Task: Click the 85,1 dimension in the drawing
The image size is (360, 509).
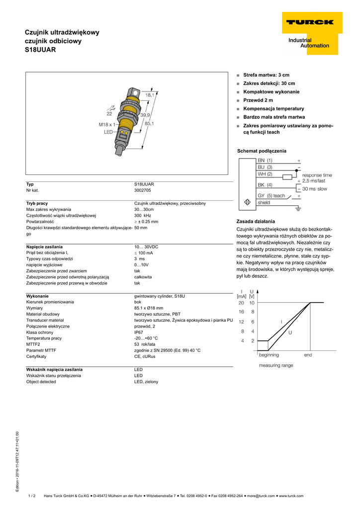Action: [x=149, y=123]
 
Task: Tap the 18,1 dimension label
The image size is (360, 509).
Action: [x=149, y=95]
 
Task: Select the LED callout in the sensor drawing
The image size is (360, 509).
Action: [x=108, y=133]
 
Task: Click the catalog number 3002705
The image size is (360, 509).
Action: [x=143, y=190]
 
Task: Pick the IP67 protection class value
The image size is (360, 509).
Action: [x=139, y=332]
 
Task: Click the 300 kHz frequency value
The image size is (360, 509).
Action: [x=143, y=216]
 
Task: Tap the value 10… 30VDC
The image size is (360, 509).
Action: [x=146, y=247]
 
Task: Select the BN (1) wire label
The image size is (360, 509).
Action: [x=265, y=161]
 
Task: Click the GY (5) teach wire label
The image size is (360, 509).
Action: [x=271, y=196]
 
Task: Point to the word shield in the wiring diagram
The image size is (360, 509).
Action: [x=264, y=203]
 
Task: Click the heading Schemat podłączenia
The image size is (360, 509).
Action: [x=262, y=151]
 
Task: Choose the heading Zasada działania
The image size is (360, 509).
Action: [x=256, y=221]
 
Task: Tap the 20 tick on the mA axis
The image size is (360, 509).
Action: [x=241, y=303]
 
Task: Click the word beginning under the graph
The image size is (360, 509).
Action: [x=269, y=355]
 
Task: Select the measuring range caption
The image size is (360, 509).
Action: [x=276, y=365]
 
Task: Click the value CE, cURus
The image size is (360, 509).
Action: [x=145, y=356]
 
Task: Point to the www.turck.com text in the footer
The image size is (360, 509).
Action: [x=291, y=496]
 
